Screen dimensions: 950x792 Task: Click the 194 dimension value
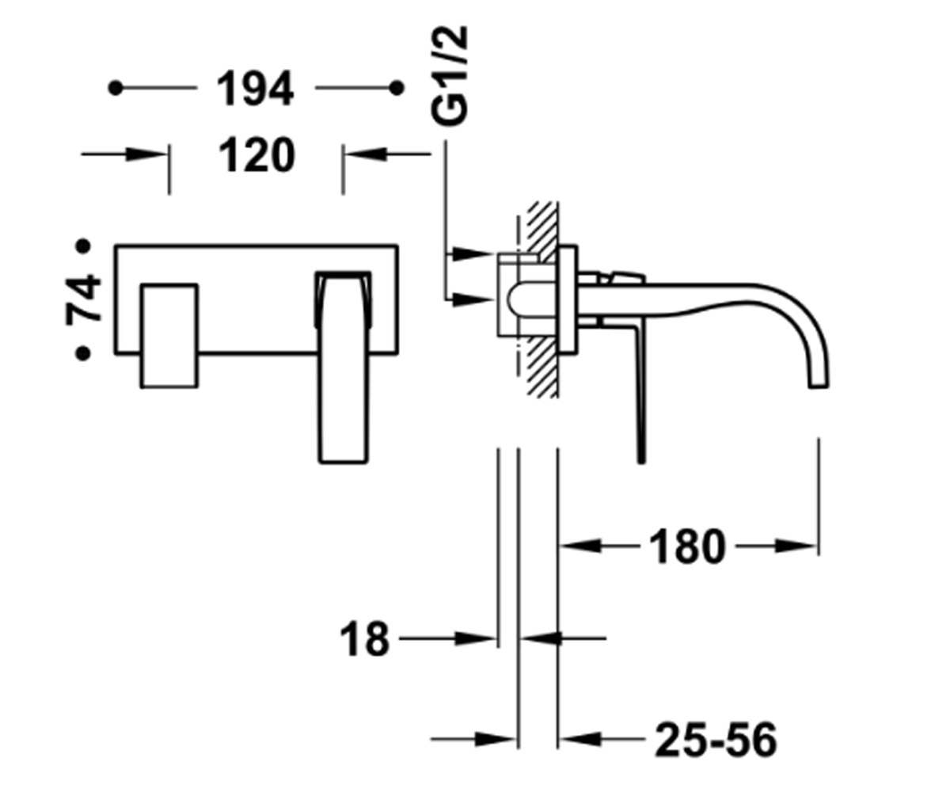(x=255, y=89)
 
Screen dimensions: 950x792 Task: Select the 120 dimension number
(x=257, y=155)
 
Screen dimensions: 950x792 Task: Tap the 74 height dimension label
(x=83, y=299)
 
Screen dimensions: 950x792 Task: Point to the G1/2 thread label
(x=449, y=75)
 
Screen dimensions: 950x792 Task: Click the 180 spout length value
(x=687, y=546)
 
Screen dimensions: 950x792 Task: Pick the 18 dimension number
(x=365, y=639)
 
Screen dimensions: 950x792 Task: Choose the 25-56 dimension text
(x=716, y=740)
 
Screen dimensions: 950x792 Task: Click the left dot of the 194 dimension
(x=116, y=88)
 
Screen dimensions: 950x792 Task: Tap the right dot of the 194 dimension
(x=397, y=88)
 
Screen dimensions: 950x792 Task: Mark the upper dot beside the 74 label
(x=83, y=246)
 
